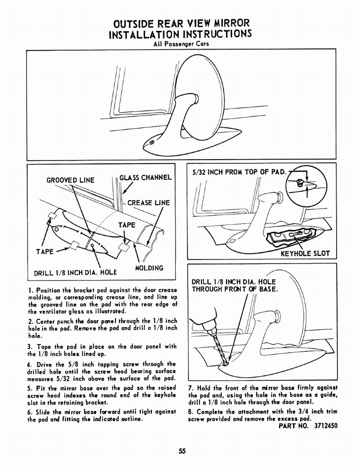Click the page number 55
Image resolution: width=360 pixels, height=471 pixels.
[x=182, y=451]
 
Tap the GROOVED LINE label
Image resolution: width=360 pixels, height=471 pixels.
[x=70, y=180]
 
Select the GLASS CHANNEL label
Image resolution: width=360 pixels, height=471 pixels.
[x=145, y=178]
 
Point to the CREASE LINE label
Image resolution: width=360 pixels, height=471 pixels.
[x=148, y=203]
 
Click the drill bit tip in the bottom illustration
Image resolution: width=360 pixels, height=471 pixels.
[x=224, y=364]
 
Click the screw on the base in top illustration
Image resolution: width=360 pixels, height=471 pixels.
[x=152, y=143]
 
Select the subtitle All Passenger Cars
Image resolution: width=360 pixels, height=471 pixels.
[x=181, y=44]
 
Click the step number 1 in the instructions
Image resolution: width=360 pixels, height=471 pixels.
[x=29, y=290]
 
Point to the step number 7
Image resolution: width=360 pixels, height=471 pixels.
[x=191, y=388]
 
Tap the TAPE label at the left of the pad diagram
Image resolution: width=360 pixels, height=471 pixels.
[x=46, y=252]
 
